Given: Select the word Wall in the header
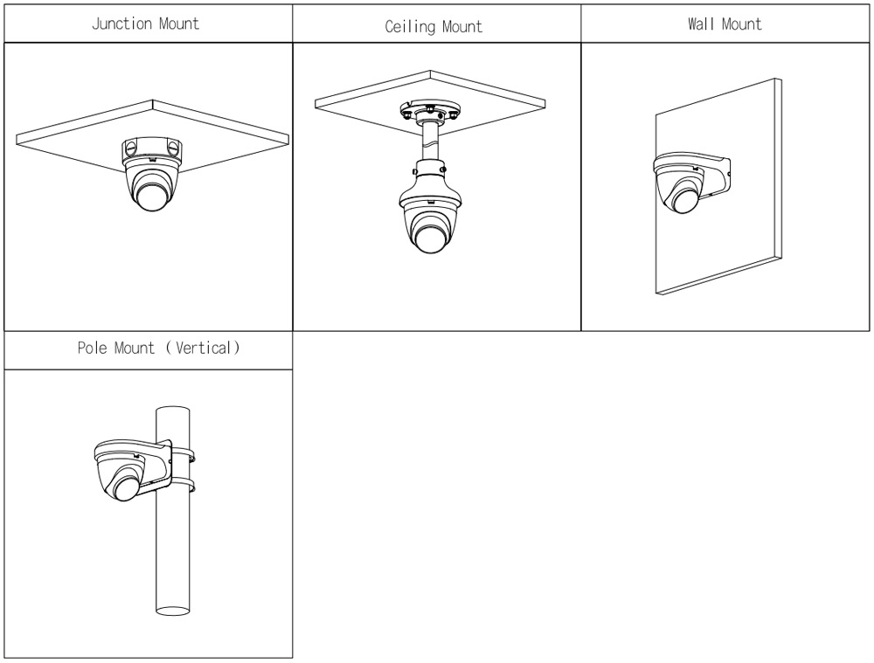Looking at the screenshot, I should coord(703,24).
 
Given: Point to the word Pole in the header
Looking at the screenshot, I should coord(94,348).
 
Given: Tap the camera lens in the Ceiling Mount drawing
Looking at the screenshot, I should coord(430,239).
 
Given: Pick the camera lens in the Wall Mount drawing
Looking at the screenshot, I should coord(682,201).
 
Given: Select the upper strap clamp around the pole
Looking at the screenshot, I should coord(185,454).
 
